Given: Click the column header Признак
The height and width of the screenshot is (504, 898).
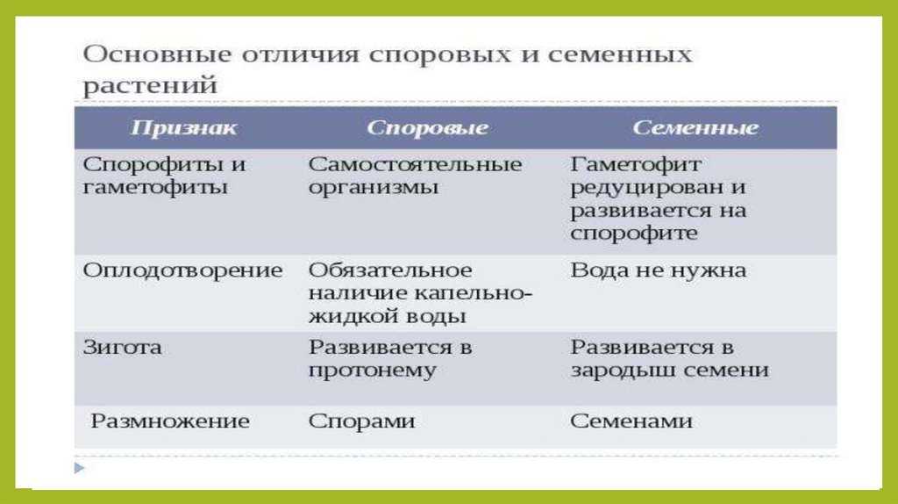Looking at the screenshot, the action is point(183,128).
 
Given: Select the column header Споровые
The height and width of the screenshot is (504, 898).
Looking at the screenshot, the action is point(427,128).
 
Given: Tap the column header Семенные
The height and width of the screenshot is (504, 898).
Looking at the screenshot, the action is point(695,128).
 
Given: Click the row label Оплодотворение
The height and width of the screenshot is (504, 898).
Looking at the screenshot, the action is point(182,271).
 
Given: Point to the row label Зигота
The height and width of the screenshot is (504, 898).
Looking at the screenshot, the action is point(122,348).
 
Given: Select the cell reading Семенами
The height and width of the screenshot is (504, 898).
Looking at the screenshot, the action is point(631,421).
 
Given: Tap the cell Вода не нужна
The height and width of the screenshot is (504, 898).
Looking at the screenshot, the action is point(658,270).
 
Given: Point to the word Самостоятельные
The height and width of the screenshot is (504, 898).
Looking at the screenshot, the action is point(415,164).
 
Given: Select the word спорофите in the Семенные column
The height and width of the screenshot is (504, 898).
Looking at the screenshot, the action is point(634,234).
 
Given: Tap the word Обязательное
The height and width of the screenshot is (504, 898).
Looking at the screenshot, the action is point(390,270).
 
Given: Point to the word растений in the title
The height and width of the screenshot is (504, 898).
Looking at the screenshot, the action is point(150,86).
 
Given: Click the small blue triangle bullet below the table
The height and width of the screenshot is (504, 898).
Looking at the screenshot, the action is point(80,468).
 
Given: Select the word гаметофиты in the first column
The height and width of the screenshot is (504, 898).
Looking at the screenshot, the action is point(155,188).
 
